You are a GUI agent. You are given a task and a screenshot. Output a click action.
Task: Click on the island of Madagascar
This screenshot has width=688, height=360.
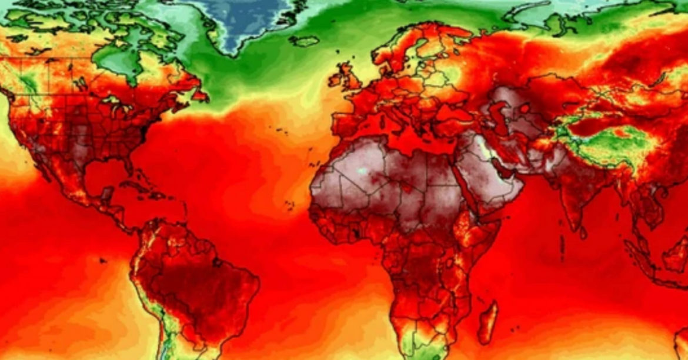tap(487, 322)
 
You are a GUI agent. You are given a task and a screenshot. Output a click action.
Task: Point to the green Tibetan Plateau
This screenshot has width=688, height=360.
tap(606, 141)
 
